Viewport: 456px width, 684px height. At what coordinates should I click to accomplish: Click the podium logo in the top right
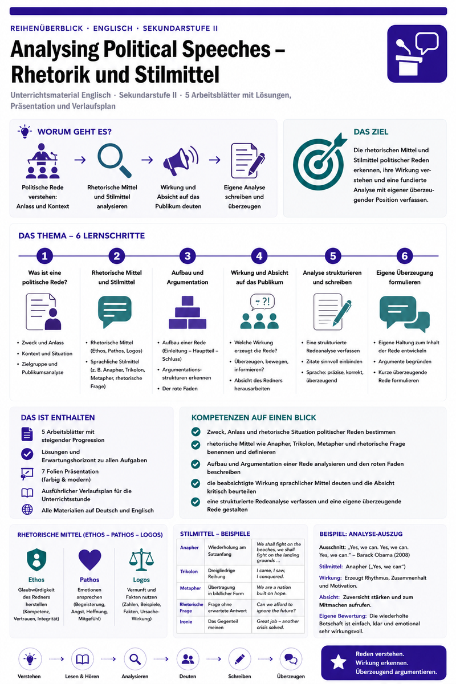pos(417,54)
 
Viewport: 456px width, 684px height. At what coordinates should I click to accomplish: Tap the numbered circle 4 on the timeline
pos(259,256)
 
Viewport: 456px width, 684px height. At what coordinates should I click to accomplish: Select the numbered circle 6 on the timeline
pos(404,256)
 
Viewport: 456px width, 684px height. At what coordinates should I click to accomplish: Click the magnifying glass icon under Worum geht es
pos(114,161)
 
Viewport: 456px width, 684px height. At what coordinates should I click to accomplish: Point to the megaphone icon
pos(181,161)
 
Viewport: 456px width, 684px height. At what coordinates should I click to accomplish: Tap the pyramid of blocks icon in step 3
pos(187,312)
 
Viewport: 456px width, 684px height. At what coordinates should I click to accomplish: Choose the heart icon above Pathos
pos(89,560)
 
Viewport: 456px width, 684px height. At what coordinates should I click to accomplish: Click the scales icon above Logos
pos(141,560)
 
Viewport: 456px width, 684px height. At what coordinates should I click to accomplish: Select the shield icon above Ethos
pos(36,560)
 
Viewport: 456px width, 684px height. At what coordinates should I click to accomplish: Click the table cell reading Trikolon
pos(189,571)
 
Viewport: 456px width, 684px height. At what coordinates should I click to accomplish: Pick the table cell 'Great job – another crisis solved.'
pos(278,624)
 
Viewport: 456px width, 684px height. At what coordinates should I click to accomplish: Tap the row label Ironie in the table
pos(186,621)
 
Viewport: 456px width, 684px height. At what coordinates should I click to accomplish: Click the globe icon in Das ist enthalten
pos(27,510)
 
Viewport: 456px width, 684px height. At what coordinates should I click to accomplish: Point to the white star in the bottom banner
pos(339,662)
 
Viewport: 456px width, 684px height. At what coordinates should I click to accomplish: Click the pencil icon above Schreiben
pos(240,659)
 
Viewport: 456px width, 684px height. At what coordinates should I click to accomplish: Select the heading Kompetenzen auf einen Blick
pos(254,417)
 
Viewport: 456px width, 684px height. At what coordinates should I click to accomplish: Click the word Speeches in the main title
pos(226,49)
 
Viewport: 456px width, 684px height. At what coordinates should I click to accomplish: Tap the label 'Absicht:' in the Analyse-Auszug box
pos(329,597)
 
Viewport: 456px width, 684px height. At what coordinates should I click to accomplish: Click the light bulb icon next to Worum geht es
pos(25,132)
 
